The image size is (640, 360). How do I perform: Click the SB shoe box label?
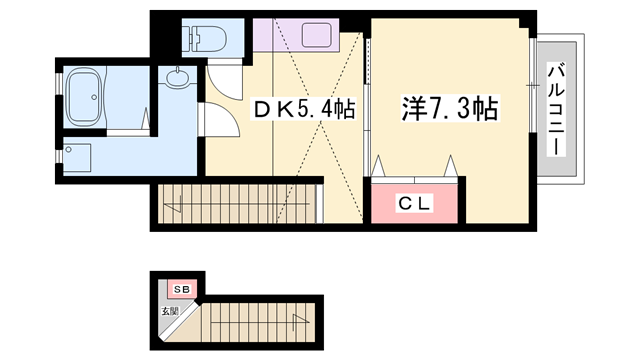181,290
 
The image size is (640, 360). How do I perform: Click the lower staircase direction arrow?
297,322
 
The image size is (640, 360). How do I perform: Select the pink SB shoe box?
181,290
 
